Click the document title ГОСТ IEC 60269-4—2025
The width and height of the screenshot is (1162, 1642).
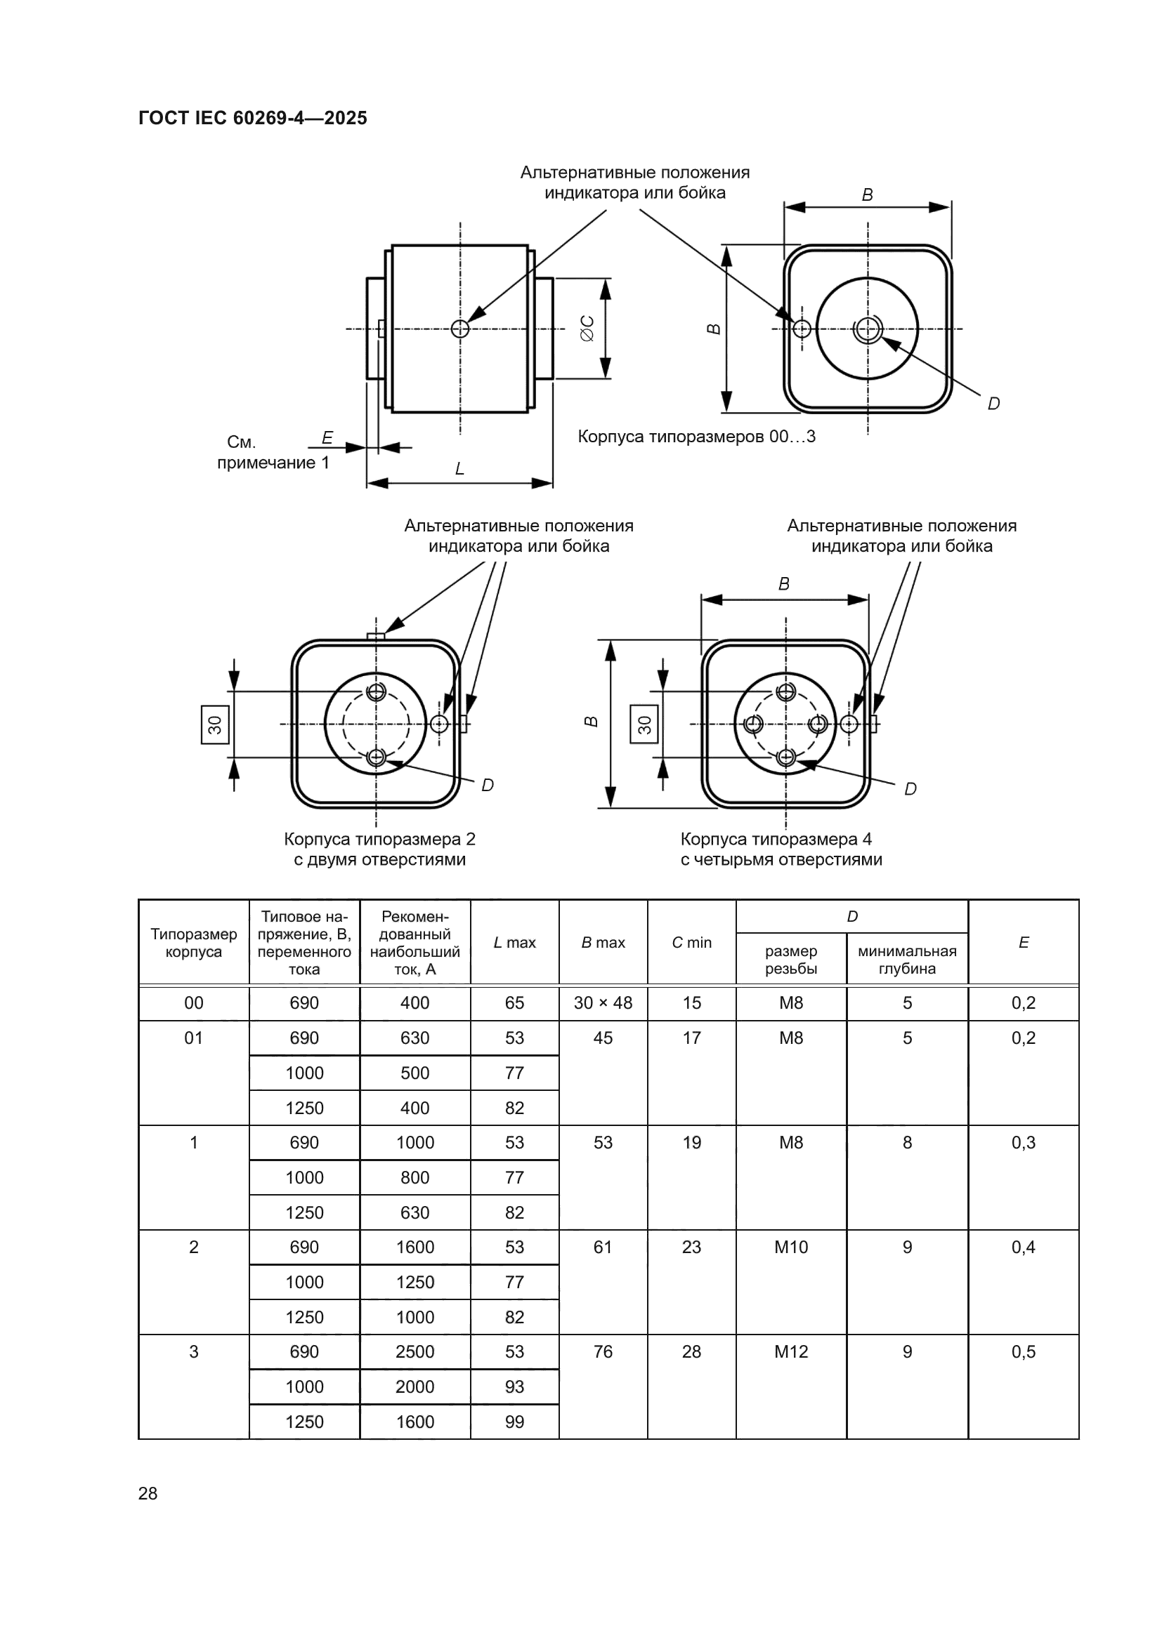(x=253, y=118)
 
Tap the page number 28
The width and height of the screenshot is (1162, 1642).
(x=148, y=1493)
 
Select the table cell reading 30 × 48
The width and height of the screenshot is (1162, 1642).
(x=603, y=1002)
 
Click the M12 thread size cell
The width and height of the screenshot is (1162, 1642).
(x=790, y=1351)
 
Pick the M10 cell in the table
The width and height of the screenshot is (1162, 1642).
(x=790, y=1247)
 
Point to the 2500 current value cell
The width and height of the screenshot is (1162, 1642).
(x=415, y=1351)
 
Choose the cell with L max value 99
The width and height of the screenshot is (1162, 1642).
(x=514, y=1422)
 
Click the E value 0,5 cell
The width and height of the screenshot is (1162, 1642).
(x=1023, y=1351)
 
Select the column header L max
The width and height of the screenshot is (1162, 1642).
(x=514, y=943)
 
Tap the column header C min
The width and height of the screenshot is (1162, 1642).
(x=691, y=943)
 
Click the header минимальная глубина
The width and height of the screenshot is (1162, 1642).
(x=906, y=960)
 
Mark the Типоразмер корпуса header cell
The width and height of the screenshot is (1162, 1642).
(x=193, y=943)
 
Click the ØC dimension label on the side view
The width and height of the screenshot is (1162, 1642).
(x=587, y=329)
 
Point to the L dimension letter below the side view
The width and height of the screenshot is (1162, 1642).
(x=459, y=469)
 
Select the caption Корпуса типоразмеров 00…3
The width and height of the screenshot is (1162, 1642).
(x=696, y=436)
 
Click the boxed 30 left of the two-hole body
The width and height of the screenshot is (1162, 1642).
(x=216, y=724)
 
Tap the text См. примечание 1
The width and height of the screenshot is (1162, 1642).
(x=273, y=453)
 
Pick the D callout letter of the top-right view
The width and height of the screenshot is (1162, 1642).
(x=993, y=404)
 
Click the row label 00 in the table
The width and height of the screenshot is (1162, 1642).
(x=193, y=1002)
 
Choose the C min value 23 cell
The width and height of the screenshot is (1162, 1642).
(x=691, y=1247)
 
